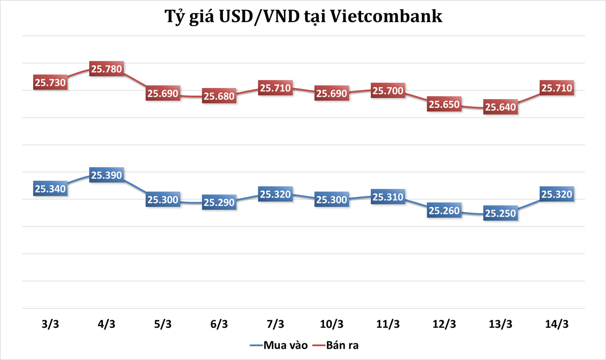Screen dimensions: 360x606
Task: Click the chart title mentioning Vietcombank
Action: [303, 17]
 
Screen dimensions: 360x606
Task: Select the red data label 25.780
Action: [107, 69]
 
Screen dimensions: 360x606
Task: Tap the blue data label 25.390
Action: [107, 175]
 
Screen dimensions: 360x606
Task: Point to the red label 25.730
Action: [50, 83]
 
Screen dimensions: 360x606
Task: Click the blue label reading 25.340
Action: [50, 188]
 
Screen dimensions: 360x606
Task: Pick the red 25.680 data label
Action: [219, 96]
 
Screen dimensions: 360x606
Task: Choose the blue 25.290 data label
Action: [219, 202]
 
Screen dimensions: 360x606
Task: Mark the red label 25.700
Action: [388, 91]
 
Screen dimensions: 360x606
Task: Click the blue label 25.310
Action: [388, 197]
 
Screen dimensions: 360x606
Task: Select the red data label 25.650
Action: [444, 105]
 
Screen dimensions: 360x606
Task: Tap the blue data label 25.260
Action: [444, 210]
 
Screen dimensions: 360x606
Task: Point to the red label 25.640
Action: [500, 107]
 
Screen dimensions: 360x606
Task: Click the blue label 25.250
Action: [500, 213]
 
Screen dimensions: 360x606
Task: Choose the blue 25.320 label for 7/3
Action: [275, 194]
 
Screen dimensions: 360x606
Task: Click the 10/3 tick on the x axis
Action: [332, 324]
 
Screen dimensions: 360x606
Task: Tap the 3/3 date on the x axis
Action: [50, 324]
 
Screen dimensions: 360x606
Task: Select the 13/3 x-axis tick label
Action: [500, 324]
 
